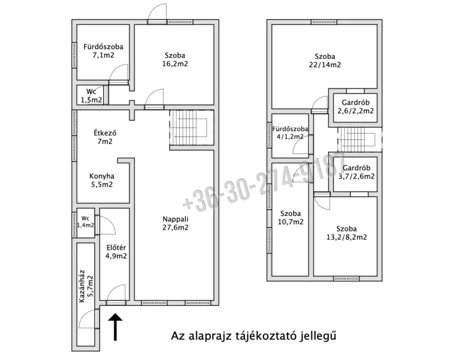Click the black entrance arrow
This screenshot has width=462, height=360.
click(115, 327)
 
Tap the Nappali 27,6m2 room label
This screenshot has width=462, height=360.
click(176, 223)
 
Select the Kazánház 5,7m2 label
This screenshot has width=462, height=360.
click(86, 286)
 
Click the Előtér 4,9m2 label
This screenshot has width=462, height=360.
click(116, 252)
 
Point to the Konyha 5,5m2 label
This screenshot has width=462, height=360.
click(102, 180)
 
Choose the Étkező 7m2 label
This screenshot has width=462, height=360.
click(105, 137)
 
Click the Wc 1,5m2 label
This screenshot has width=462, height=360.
click(91, 96)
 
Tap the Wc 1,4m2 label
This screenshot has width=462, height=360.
click(85, 222)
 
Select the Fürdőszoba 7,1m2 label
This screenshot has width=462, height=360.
click(103, 51)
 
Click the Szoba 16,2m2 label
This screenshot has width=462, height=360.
click(175, 60)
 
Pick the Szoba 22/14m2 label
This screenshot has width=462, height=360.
click(325, 60)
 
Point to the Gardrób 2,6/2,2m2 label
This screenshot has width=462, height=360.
click(356, 107)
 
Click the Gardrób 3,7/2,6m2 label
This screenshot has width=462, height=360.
click(356, 172)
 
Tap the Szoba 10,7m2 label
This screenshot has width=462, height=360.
click(291, 217)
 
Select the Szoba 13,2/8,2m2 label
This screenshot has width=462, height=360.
click(346, 233)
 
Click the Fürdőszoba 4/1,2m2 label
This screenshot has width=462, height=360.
click(290, 133)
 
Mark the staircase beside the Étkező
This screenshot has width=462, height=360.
click(192, 128)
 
